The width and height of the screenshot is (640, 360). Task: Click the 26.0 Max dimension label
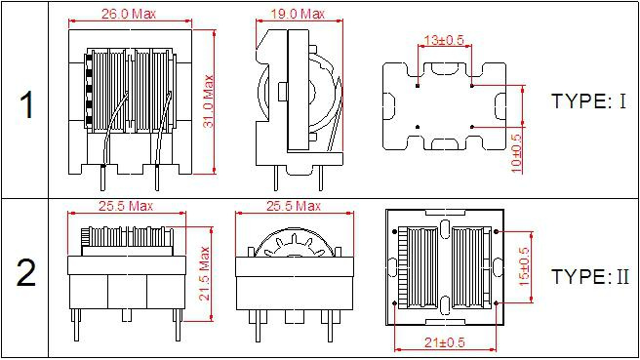click(x=129, y=14)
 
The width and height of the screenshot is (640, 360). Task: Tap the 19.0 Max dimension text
click(x=298, y=14)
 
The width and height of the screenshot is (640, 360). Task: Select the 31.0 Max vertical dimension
click(x=209, y=100)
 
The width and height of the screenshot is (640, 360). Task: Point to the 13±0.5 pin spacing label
click(x=444, y=40)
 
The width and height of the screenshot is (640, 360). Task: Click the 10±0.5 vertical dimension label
click(x=516, y=153)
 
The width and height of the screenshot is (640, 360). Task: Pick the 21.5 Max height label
click(x=204, y=273)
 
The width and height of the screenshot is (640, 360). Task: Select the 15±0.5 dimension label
click(x=524, y=266)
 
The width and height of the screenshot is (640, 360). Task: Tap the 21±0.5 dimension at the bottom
click(x=445, y=342)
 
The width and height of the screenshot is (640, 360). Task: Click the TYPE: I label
click(x=588, y=100)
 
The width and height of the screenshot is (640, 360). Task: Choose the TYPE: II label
click(x=590, y=276)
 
